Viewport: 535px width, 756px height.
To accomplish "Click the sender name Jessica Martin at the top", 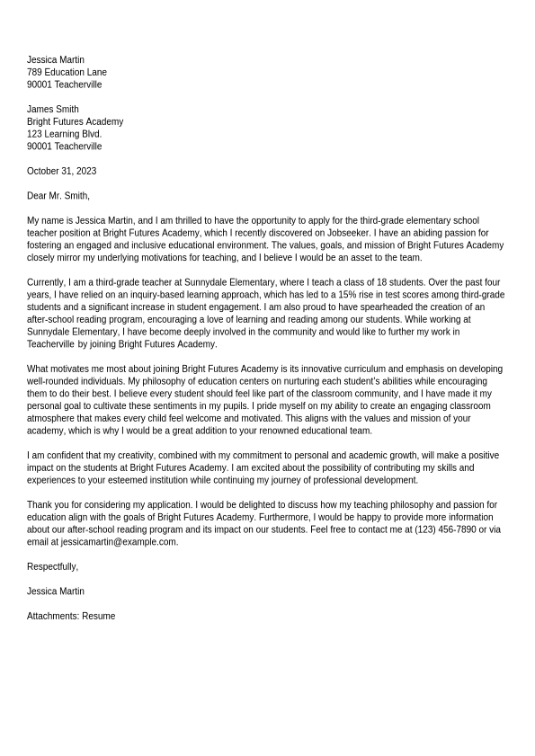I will tap(56, 60).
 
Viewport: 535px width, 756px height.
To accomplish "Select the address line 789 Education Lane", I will tap(67, 73).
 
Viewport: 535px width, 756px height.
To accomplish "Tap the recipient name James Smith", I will tap(53, 110).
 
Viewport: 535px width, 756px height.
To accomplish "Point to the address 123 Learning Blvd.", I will tap(65, 134).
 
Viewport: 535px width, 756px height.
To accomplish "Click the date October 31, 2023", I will tap(61, 171).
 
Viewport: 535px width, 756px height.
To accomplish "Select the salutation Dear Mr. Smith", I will tap(58, 196).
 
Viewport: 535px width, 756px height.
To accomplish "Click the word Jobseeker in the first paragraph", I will tap(347, 233).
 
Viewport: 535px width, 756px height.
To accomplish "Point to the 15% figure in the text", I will tap(347, 295).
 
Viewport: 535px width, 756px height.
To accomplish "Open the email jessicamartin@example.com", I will tap(119, 542).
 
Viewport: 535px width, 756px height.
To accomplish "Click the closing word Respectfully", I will tap(52, 567).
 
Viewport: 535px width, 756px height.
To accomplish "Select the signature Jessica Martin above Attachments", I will tap(56, 591).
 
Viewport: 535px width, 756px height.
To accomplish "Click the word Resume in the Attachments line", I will tap(99, 617).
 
